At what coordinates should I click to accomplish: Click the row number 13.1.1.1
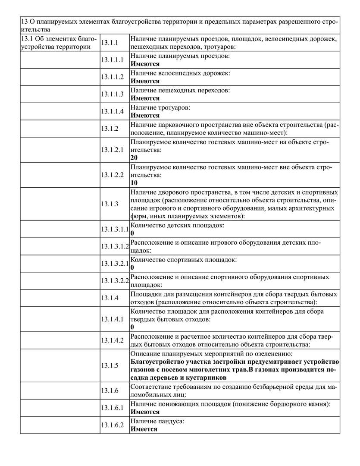(112, 60)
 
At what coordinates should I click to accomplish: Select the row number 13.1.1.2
(112, 77)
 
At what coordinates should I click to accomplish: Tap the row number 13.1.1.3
(112, 94)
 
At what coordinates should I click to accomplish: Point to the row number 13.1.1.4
(112, 111)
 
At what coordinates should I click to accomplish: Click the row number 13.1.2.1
(112, 150)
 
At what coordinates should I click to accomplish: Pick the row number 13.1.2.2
(112, 175)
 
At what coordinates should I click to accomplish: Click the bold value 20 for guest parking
(134, 158)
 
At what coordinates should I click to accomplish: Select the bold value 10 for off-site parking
(134, 183)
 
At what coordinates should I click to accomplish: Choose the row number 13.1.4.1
(112, 319)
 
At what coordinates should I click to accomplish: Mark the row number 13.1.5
(110, 365)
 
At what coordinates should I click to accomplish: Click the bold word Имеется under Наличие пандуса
(144, 429)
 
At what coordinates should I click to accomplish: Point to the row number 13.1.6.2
(112, 425)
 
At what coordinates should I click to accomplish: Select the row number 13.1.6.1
(112, 408)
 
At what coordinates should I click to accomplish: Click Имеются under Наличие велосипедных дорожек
(145, 81)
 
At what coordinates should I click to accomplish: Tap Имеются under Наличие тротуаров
(145, 115)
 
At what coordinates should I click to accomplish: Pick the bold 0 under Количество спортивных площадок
(132, 268)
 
